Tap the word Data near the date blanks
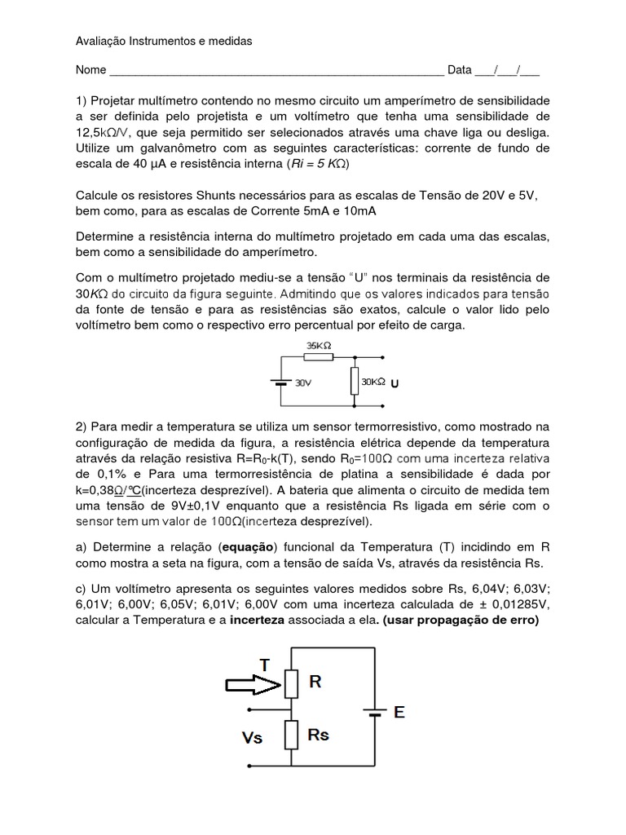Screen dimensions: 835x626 (x=459, y=70)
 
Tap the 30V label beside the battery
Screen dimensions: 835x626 (x=303, y=382)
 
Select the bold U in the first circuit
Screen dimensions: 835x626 (x=395, y=382)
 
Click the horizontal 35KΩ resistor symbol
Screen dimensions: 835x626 (x=319, y=357)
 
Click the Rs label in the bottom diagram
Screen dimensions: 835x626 (x=319, y=734)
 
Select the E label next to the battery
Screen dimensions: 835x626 (x=399, y=712)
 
